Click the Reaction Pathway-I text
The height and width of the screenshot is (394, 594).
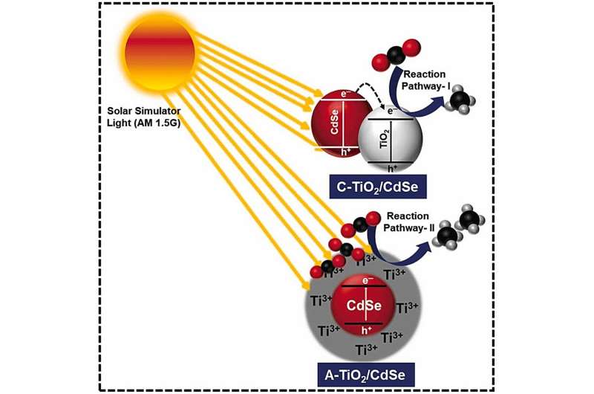tap(430, 77)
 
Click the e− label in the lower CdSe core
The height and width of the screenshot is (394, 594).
tap(359, 280)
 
